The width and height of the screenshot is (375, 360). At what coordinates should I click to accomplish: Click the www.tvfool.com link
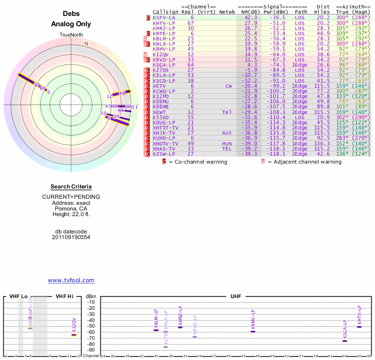[71, 280]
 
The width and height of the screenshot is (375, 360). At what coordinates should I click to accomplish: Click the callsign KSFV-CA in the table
[164, 17]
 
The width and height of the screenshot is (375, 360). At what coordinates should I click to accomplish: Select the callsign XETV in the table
[159, 86]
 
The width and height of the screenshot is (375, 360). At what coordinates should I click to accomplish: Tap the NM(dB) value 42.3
[251, 17]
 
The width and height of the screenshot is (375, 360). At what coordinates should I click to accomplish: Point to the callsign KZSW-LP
[164, 154]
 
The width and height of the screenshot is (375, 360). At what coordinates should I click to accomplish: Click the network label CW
[229, 86]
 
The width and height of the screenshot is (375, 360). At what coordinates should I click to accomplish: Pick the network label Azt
[227, 133]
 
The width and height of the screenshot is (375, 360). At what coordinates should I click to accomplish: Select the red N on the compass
[86, 44]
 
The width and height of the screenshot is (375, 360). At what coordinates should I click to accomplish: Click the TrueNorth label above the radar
[71, 35]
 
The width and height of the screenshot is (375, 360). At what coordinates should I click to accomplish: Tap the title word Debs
[71, 14]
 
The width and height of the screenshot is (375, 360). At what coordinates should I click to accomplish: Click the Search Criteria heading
[71, 187]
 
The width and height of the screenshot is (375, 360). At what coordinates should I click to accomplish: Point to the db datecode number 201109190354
[71, 237]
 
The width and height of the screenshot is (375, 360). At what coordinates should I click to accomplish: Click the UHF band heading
[236, 297]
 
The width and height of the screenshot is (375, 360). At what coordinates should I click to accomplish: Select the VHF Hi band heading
[64, 297]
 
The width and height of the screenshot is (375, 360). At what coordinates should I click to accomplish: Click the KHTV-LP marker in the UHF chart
[359, 327]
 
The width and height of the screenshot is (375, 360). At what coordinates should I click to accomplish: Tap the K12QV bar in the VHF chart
[74, 335]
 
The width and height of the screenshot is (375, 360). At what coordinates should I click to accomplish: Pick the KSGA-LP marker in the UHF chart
[345, 341]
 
